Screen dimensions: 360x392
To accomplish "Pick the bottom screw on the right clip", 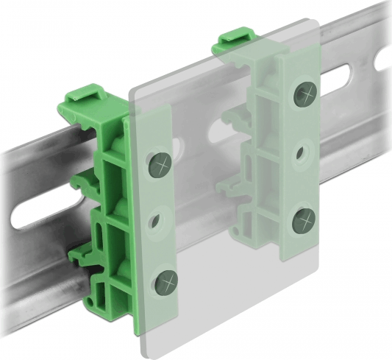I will [304, 219].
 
